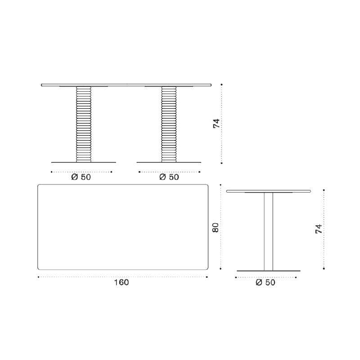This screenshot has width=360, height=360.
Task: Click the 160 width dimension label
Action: [x=121, y=282]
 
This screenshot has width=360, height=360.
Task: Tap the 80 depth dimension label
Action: [x=216, y=228]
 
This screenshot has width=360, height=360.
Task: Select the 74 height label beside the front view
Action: [x=216, y=123]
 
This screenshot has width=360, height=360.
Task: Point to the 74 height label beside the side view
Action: [x=319, y=229]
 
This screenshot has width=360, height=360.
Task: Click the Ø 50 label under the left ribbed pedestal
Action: [x=81, y=177]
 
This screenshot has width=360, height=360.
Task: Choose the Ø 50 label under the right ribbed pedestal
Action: [x=169, y=177]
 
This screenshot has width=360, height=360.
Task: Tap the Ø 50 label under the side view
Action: [x=265, y=283]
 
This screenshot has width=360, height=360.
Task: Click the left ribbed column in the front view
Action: [x=84, y=124]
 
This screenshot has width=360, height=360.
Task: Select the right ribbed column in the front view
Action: [x=169, y=124]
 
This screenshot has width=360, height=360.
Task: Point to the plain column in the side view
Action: [x=269, y=231]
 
